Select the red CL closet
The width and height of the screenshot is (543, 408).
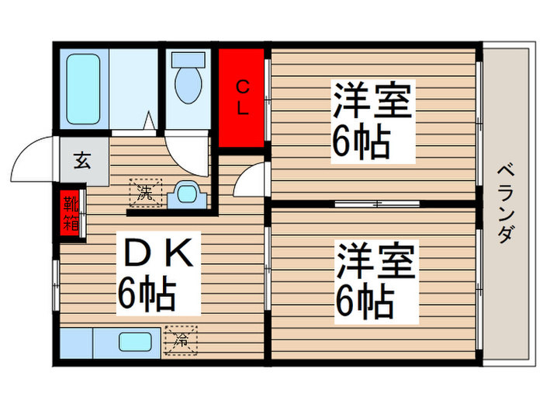242,97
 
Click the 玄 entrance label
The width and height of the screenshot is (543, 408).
81,162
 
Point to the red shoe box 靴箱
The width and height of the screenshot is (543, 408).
71,213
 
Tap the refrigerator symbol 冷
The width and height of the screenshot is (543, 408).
180,338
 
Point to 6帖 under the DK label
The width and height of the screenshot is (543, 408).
147,294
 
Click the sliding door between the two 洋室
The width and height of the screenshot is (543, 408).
377,204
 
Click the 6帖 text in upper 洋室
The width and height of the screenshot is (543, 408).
361,141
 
